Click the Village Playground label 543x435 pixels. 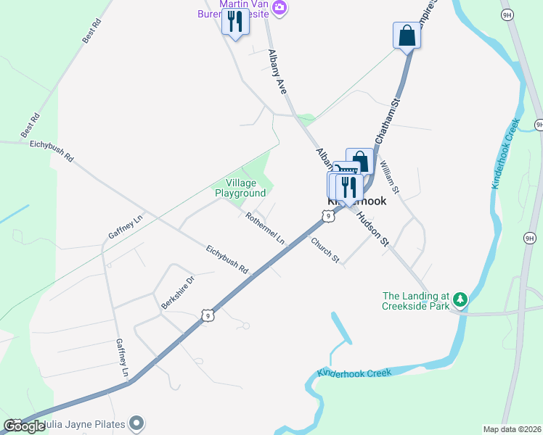click(239, 188)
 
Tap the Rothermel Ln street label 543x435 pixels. click(264, 228)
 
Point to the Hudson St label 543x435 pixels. click(371, 231)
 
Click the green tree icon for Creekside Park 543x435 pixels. click(460, 299)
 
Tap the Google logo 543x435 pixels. click(25, 426)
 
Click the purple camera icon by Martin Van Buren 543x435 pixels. click(279, 8)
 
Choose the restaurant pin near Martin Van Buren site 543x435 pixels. click(235, 22)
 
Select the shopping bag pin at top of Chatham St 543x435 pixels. click(407, 36)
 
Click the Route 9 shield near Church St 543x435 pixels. click(329, 215)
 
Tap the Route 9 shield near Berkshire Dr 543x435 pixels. click(208, 315)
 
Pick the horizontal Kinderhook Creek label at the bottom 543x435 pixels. click(354, 373)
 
